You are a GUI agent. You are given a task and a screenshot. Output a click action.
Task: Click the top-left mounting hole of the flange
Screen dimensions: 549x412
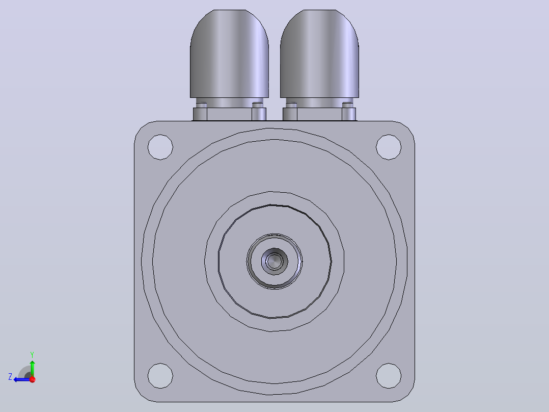pos(160,147)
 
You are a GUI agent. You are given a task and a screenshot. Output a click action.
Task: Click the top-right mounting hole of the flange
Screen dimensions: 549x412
pos(389,147)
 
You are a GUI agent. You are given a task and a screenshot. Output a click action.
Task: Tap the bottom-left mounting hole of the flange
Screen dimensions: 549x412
pos(160,376)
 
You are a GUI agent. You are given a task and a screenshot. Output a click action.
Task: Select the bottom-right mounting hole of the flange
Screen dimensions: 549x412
pos(389,376)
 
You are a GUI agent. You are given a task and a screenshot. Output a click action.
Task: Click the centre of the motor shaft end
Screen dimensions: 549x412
pos(274,261)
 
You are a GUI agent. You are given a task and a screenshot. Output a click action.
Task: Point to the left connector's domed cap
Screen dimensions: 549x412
pos(229,54)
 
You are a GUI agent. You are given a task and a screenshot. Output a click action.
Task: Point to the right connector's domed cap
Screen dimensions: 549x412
pos(319,54)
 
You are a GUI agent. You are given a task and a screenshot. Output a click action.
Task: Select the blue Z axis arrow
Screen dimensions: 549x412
pos(22,379)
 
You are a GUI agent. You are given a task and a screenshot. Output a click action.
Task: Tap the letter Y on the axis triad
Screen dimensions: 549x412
pos(32,354)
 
